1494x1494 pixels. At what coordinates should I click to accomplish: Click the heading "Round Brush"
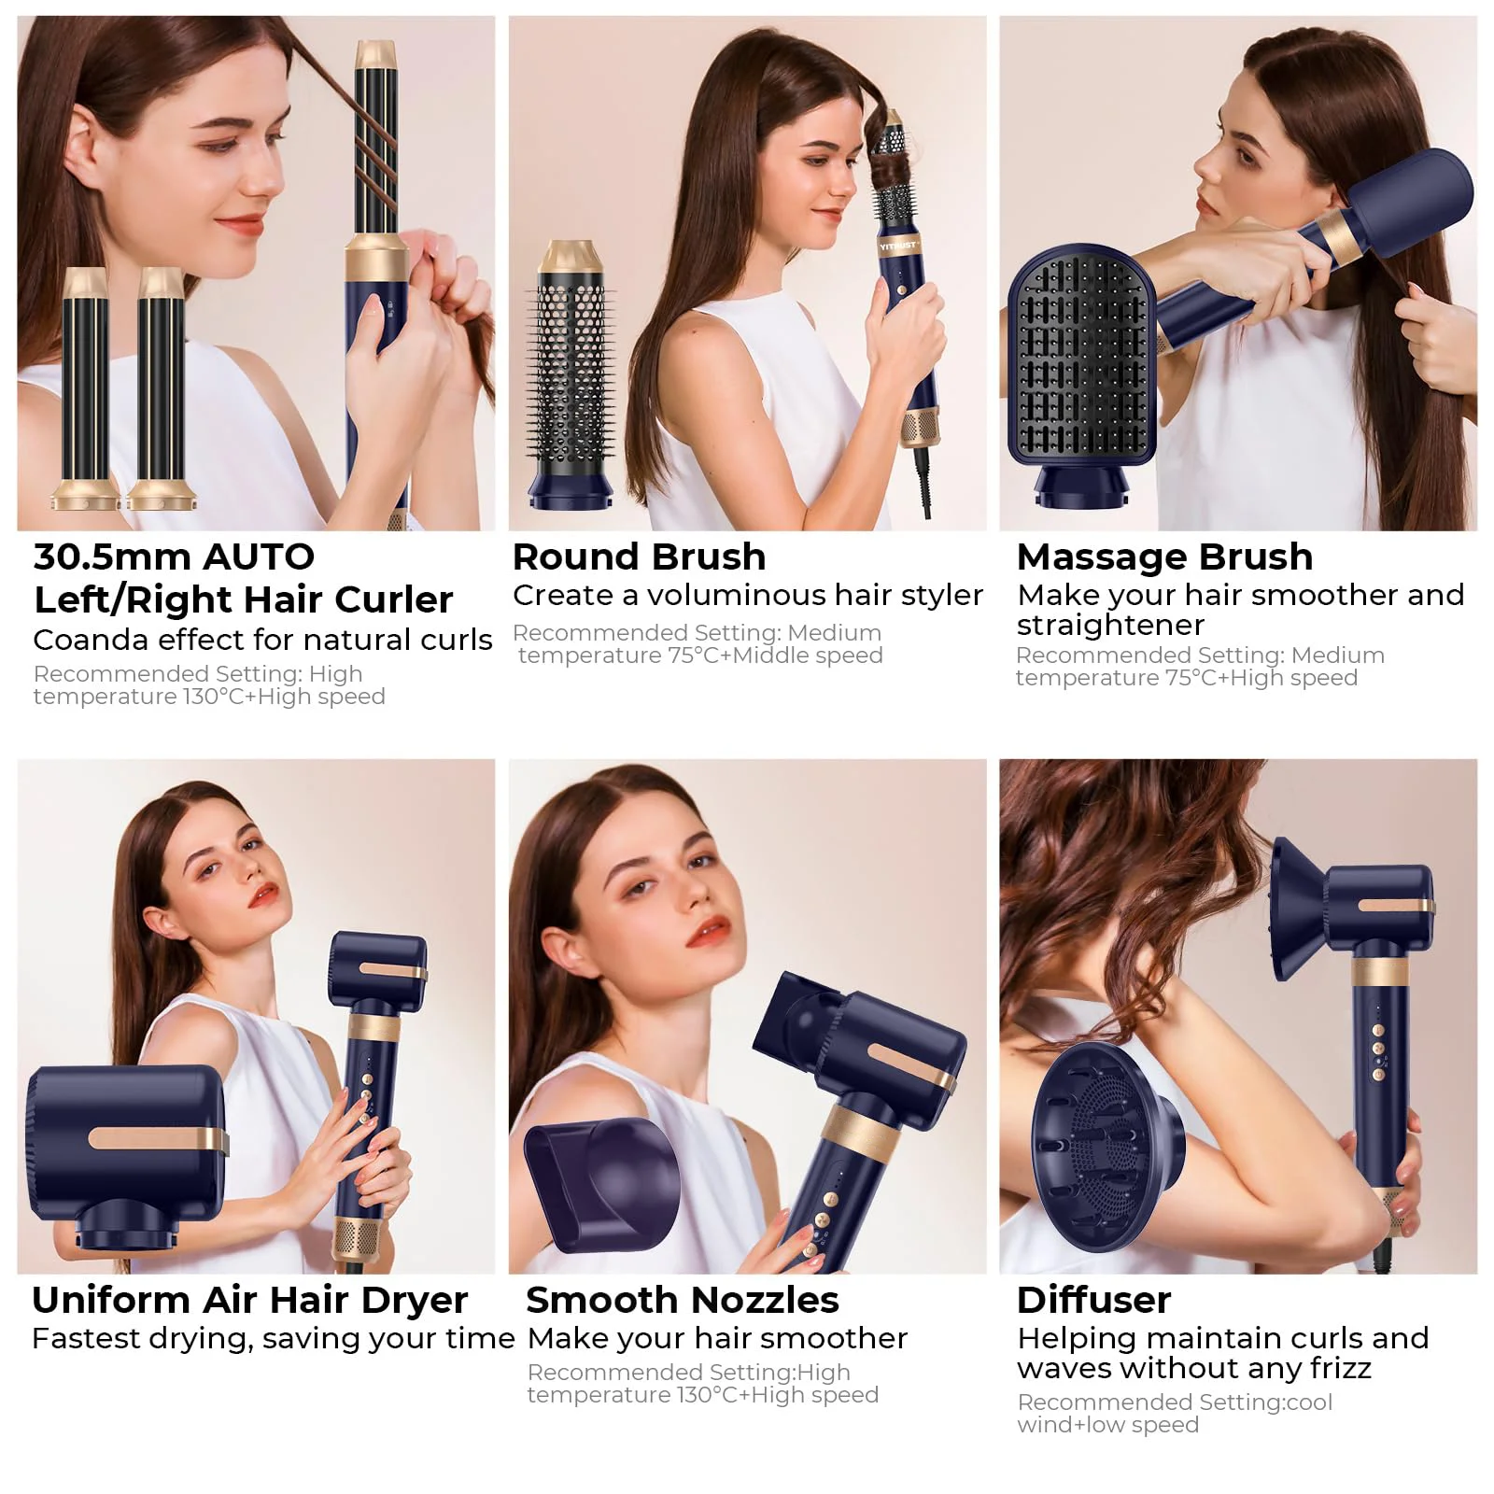tap(640, 557)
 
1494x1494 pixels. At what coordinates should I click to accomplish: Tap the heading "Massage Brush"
tap(1164, 557)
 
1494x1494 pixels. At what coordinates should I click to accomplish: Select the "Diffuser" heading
tap(1093, 1300)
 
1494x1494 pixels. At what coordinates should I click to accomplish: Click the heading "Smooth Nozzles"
tap(683, 1300)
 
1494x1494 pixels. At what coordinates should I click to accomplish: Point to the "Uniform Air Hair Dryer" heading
tap(249, 1300)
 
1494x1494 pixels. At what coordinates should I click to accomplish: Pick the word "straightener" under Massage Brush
tap(1110, 625)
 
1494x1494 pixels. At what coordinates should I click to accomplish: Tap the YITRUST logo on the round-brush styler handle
tap(898, 247)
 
